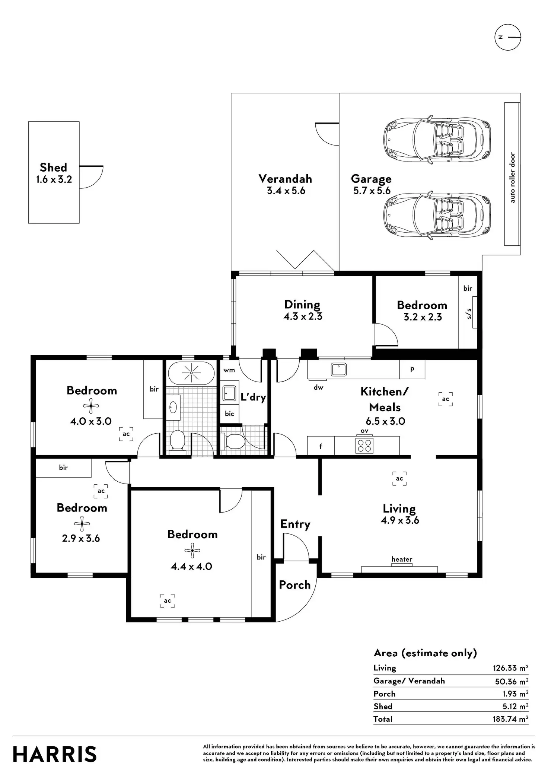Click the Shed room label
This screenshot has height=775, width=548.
pos(54,168)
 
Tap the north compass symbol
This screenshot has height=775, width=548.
pos(508,37)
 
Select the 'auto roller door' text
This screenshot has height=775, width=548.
pos(513,178)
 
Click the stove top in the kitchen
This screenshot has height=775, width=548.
pos(364,446)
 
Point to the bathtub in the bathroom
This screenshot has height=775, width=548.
pos(191,373)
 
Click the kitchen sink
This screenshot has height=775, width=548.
pos(339,370)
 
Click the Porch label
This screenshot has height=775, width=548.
pos(295,585)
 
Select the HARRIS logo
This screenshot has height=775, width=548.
pos(55,755)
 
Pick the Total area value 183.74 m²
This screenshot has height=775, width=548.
pos(510,719)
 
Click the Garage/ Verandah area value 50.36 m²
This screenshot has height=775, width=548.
pos(511,681)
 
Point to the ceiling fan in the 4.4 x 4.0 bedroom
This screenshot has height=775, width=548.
pos(192,551)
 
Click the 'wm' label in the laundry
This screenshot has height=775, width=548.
pos(229,370)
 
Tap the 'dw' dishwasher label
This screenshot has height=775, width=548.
pos(318,387)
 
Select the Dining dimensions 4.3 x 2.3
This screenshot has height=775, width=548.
pos(303,316)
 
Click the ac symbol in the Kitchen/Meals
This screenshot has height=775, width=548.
pos(446,399)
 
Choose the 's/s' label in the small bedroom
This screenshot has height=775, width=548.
pos(469,313)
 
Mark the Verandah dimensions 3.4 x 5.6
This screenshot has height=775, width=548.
pos(286,191)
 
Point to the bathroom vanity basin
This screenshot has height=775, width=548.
pos(173,407)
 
